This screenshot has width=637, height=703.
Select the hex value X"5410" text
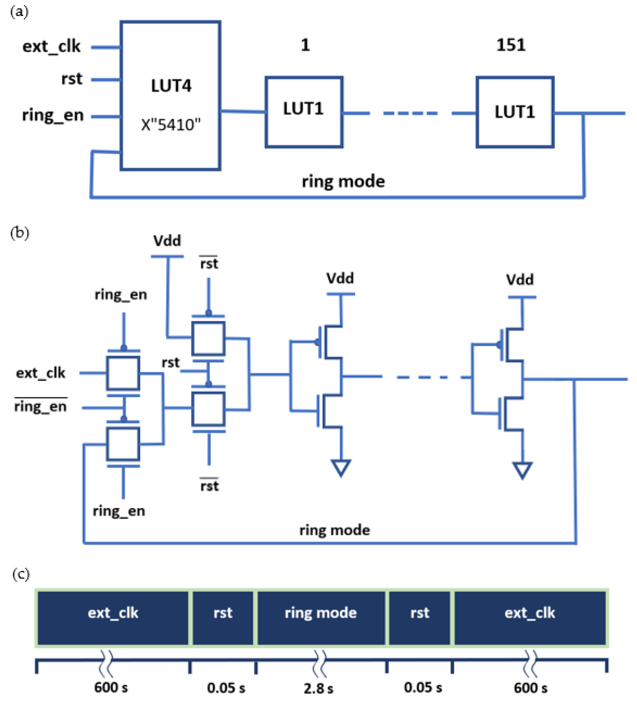(171, 125)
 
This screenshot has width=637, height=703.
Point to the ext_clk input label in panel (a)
(51, 46)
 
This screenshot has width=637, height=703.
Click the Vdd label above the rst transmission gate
(167, 241)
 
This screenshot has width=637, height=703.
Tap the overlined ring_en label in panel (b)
(40, 406)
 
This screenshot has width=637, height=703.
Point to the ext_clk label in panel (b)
(40, 373)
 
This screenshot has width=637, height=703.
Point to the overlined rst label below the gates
(209, 486)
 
